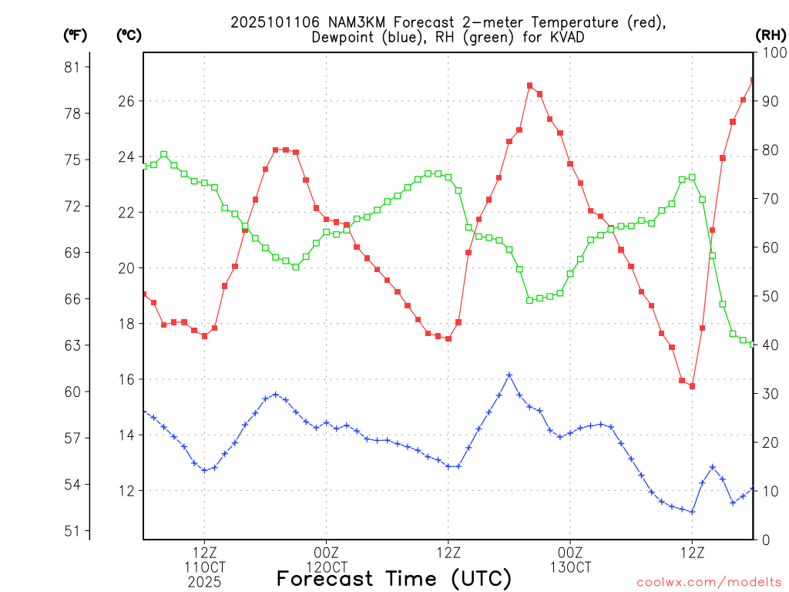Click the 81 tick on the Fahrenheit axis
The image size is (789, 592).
coord(73,67)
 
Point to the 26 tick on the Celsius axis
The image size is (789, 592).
coord(127,101)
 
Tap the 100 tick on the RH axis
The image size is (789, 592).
coord(770,52)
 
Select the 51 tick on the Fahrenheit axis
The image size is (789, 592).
coord(73,531)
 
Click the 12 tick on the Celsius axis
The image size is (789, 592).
coord(127,491)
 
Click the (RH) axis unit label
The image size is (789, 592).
coord(771,35)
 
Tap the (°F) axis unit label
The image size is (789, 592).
coord(75,35)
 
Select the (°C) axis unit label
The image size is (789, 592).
coord(128,35)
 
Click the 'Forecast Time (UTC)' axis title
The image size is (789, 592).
coord(394,578)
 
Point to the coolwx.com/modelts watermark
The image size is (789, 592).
coord(709,582)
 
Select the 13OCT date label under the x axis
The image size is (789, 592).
coord(570,567)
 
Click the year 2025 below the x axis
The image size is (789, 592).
coord(204,581)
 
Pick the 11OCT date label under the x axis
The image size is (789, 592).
coord(204,567)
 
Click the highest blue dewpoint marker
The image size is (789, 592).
coord(509,375)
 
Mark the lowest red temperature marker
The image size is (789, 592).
coord(692,386)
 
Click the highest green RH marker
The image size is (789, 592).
coord(163,154)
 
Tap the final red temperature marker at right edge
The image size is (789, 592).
coord(753,80)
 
